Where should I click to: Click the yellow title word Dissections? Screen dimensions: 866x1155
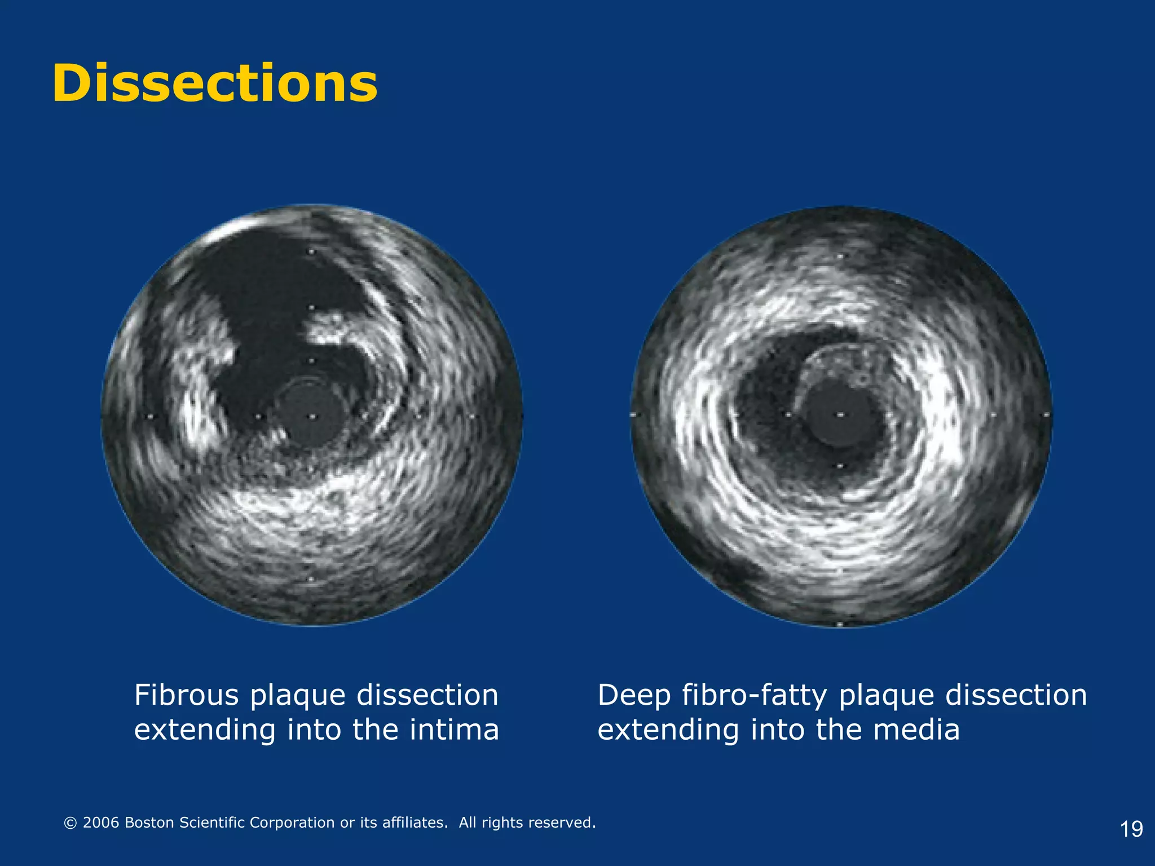tap(214, 83)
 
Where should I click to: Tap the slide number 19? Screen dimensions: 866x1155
tap(1131, 829)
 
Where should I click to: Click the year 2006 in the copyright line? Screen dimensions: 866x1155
tap(101, 823)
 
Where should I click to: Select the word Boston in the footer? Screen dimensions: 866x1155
tap(149, 823)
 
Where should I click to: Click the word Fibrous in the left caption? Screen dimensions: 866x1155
tap(187, 695)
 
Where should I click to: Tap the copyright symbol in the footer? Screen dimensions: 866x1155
tap(70, 823)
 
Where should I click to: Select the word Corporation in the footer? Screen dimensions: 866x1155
tap(292, 823)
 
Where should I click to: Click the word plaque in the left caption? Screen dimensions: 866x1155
tap(297, 696)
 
